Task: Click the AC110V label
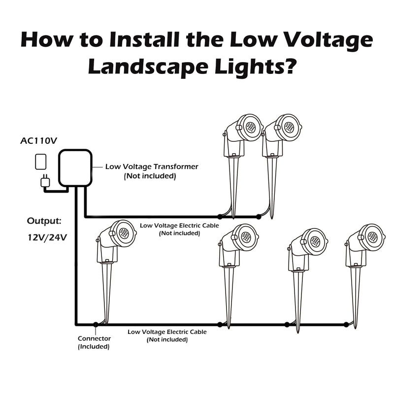point(38,141)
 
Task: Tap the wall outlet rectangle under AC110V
point(40,163)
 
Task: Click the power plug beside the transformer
point(45,182)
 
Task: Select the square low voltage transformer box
point(75,168)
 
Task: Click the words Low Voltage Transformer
point(152,166)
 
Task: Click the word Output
point(44,220)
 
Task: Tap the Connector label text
point(94,338)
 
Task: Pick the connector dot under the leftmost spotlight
point(95,324)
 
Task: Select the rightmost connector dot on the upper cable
point(258,217)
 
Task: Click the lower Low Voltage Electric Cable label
point(167,332)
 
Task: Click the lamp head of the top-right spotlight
point(288,127)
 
